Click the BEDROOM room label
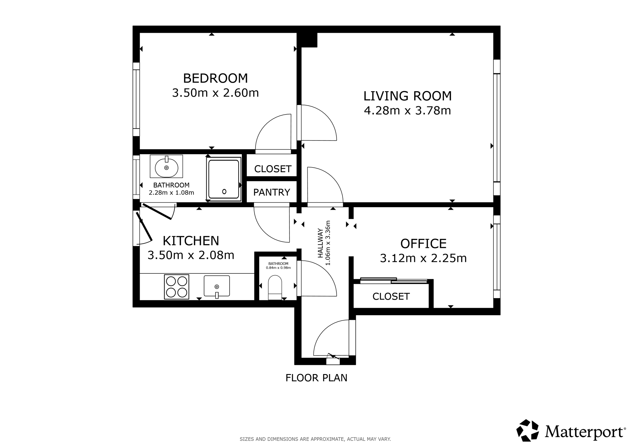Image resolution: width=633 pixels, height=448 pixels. (215, 78)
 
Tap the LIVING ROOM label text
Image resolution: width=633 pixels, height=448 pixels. (407, 96)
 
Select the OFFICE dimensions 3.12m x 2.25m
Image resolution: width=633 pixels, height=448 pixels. (423, 258)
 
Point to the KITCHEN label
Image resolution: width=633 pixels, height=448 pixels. (191, 241)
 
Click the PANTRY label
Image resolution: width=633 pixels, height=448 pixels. (272, 192)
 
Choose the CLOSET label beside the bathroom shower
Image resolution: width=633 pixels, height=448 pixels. (273, 169)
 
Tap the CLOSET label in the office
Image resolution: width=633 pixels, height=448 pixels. (391, 297)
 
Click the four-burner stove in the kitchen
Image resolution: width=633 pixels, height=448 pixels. (176, 287)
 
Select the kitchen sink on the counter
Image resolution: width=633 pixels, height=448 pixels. (217, 286)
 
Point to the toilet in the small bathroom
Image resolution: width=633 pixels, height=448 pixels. (275, 287)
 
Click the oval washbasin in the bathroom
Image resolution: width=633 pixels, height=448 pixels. (166, 167)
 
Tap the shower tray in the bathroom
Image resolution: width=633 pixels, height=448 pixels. (224, 179)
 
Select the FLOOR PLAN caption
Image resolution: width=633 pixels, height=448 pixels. (316, 378)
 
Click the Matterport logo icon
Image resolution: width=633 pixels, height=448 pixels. (527, 430)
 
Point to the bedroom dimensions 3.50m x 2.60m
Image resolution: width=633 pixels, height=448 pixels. (215, 93)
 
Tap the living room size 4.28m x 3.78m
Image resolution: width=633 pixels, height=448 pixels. (407, 111)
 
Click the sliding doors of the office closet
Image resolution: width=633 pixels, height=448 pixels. (394, 280)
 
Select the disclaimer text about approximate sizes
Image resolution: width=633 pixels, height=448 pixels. (315, 439)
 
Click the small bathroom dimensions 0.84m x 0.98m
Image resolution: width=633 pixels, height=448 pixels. (278, 268)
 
